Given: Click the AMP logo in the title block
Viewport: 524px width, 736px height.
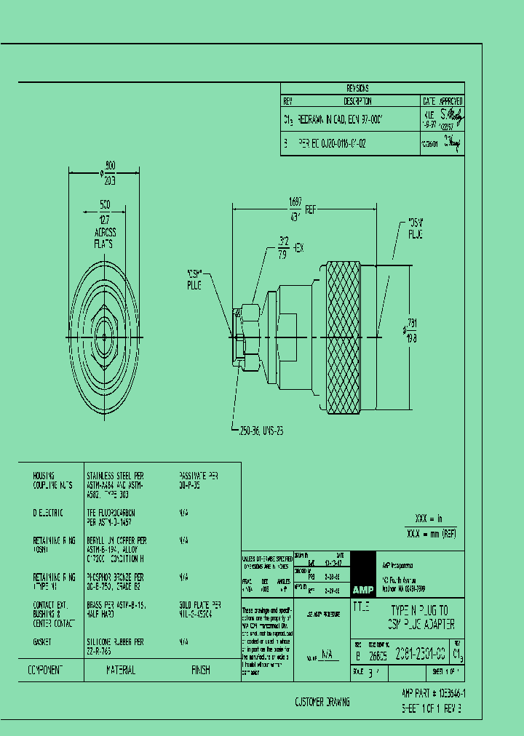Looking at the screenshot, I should [x=362, y=589].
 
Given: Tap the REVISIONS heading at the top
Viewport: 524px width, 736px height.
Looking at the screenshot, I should [x=372, y=87].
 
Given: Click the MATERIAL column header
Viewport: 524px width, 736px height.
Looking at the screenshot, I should [x=121, y=670].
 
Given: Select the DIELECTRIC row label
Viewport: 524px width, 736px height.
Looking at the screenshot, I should [x=48, y=513].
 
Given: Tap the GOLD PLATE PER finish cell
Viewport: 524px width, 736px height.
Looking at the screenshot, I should [x=202, y=605].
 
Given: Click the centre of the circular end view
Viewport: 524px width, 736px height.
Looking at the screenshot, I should [x=106, y=336].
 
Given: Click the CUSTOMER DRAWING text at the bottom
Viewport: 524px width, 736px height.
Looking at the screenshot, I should [x=322, y=702].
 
